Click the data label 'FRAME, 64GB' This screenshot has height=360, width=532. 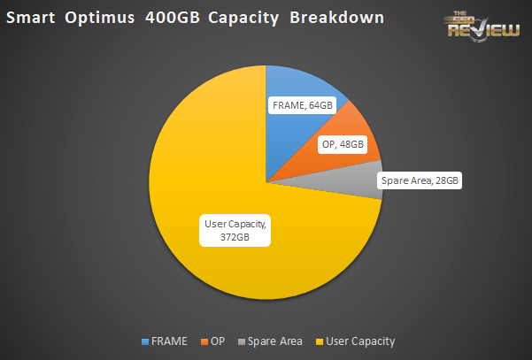point(303,105)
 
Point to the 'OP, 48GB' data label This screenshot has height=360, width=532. point(340,144)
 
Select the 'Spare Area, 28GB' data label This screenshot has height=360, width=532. point(418,180)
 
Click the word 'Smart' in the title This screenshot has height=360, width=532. point(37,17)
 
